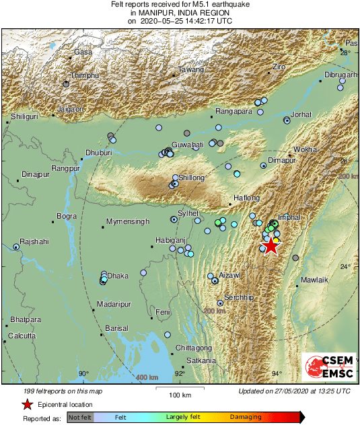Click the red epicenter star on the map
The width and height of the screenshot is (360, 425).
[271, 246]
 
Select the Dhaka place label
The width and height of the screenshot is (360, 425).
[118, 276]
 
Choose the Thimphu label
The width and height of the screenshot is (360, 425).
[84, 76]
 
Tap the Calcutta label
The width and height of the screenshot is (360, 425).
[21, 335]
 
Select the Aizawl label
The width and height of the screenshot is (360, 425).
[229, 276]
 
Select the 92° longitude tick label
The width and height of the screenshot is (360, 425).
[180, 374]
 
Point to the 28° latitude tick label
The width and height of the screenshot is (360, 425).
[345, 52]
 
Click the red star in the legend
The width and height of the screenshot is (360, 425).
[27, 404]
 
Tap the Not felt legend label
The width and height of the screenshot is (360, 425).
[80, 418]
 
